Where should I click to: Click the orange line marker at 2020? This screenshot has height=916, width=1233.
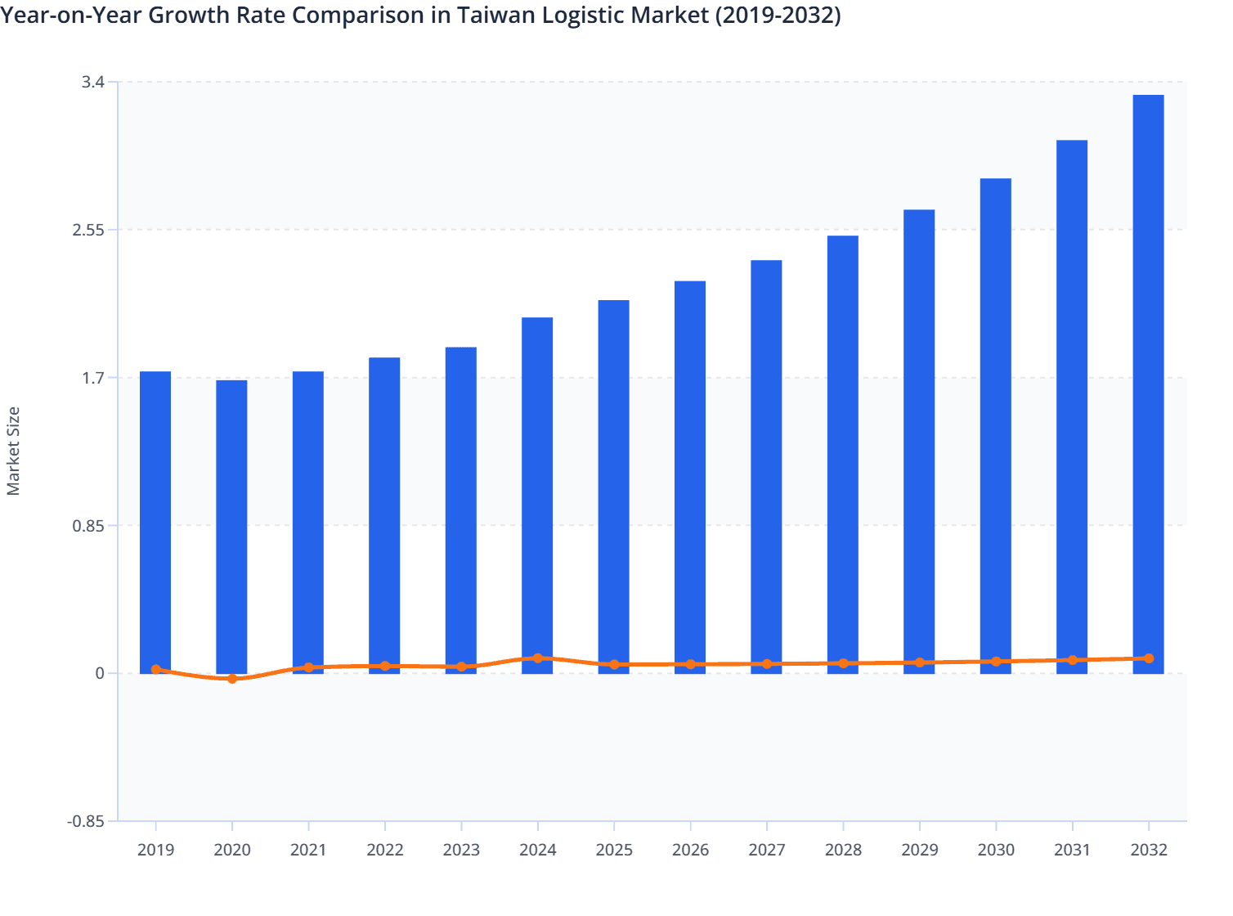pos(232,679)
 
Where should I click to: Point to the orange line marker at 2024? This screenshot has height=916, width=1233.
pos(537,658)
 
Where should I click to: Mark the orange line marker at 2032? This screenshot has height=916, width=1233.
pos(1149,658)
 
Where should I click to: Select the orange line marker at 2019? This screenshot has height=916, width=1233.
pos(155,670)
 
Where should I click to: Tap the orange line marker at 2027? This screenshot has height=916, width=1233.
pos(767,664)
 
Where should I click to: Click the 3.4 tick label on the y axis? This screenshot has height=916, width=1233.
pos(92,82)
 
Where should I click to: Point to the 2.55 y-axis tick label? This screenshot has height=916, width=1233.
pos(88,230)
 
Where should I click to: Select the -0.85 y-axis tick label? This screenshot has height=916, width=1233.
pos(86,821)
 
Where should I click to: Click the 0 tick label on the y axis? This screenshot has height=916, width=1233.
pos(100,673)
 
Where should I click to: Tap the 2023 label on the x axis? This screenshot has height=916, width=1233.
pos(461,850)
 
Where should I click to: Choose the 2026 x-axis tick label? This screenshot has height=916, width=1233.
pos(690,850)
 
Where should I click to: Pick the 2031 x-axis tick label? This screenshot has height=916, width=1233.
pos(1072,850)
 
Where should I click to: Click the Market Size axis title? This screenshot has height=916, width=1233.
pos(13,451)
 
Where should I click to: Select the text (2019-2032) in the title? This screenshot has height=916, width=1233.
pos(778,15)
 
